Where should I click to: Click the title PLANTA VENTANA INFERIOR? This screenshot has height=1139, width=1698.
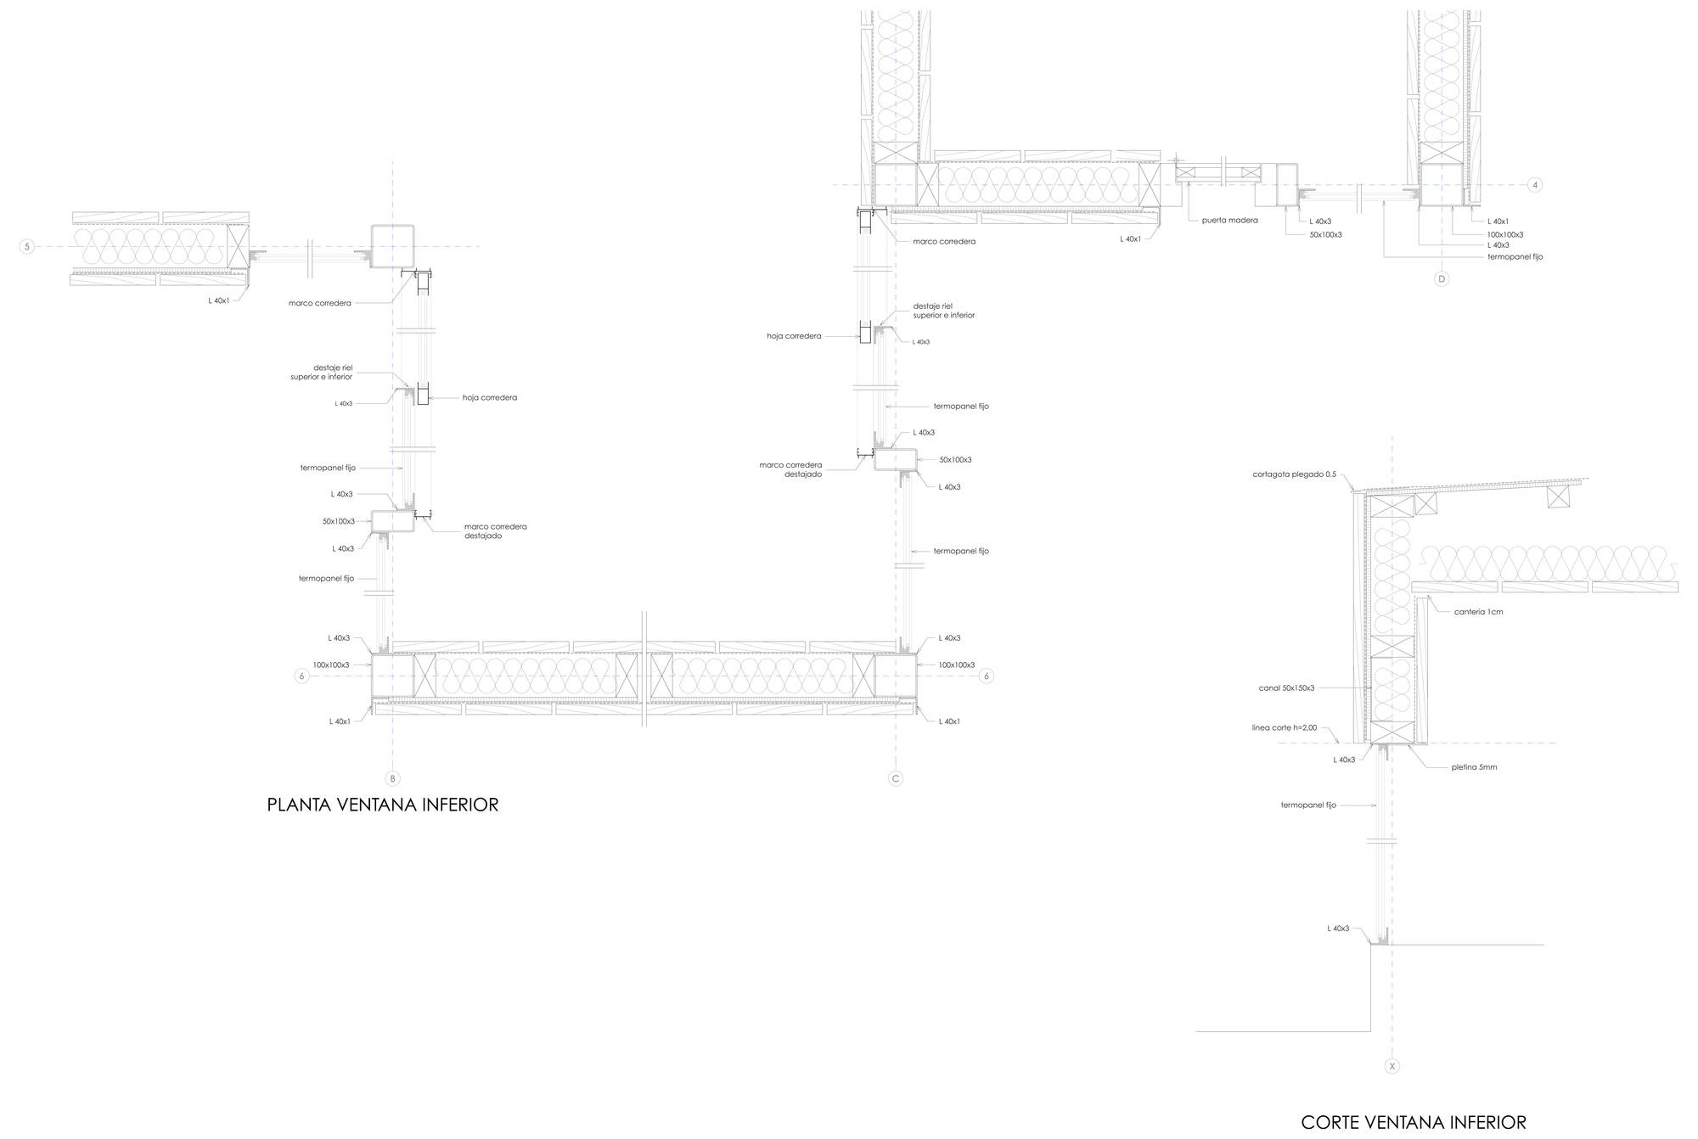(383, 805)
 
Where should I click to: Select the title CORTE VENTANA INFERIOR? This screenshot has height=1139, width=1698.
(1414, 1123)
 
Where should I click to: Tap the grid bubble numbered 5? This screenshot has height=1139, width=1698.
(27, 247)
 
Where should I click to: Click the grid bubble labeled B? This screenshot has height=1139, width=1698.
(392, 778)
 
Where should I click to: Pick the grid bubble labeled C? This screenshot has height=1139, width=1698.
(896, 778)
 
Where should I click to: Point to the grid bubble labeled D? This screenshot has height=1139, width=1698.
(1442, 278)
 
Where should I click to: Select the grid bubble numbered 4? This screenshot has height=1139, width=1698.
(1535, 184)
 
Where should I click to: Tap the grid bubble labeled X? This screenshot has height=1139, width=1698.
(1392, 1066)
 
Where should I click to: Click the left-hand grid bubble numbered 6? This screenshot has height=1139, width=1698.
(301, 676)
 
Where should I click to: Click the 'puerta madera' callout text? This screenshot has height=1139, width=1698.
(1229, 221)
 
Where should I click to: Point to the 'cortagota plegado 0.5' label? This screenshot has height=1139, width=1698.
(1294, 474)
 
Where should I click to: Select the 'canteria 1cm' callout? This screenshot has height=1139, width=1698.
(1478, 612)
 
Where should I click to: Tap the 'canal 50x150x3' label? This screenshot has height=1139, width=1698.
(1286, 688)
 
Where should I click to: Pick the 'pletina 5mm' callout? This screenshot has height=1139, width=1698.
(1474, 767)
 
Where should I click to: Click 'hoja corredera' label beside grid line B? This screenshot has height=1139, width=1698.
(490, 398)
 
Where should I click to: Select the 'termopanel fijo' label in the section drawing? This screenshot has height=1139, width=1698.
(1308, 805)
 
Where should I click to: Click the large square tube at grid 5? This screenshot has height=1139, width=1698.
(392, 247)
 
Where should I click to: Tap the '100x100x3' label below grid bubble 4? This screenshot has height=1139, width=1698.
(1505, 235)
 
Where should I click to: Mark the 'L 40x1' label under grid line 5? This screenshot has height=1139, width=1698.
(218, 300)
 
